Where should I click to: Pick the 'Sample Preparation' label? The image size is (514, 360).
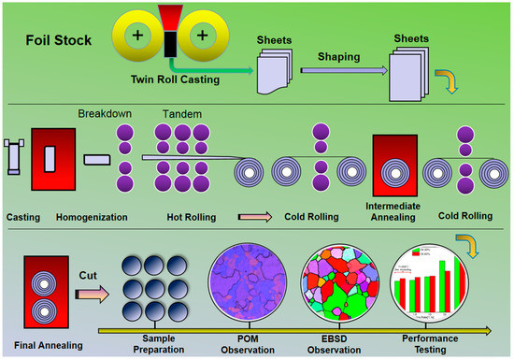pos(156,340)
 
